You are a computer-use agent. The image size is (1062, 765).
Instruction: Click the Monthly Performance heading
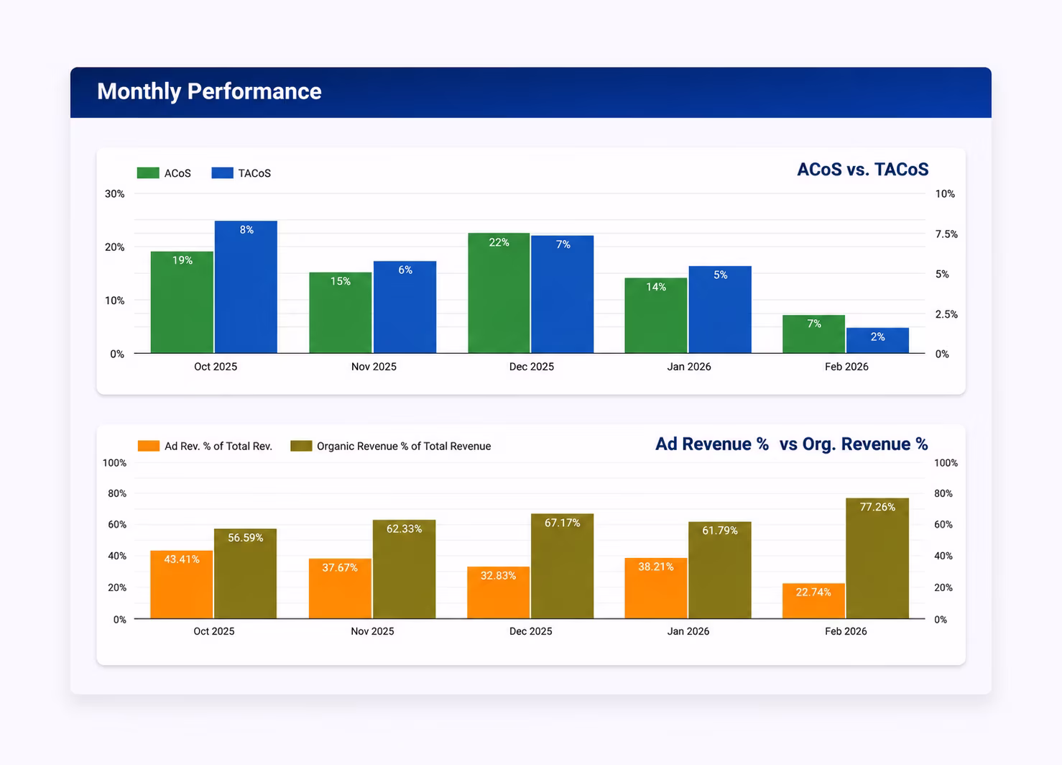209,91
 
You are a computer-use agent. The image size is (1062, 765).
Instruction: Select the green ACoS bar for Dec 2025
499,293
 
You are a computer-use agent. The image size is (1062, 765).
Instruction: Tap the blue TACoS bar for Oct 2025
246,287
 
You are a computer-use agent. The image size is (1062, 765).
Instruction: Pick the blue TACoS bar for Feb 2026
877,341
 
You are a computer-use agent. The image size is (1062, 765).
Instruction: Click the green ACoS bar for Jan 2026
656,316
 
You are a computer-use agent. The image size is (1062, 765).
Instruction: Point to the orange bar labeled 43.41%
182,585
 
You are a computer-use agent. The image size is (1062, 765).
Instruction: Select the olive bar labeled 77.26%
877,558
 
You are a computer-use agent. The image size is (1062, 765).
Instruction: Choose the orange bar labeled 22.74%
813,601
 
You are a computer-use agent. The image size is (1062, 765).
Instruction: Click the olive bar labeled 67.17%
563,566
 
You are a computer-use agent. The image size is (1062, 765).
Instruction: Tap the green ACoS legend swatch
148,173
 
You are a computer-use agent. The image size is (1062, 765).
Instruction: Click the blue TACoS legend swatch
222,173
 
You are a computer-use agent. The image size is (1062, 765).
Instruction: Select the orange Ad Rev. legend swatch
149,446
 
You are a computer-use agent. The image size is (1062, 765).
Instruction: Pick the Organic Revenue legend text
404,446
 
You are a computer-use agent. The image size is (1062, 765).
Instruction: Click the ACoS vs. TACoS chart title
863,169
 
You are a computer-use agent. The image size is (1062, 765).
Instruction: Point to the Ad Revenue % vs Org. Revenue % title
792,444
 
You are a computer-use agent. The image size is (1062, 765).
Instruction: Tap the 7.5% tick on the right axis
946,234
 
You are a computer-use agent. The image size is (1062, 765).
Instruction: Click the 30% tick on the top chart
115,193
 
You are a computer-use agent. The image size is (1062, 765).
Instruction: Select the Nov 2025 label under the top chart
374,367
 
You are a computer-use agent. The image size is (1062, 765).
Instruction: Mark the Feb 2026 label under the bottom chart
846,631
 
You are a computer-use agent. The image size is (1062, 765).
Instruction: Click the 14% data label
656,287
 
